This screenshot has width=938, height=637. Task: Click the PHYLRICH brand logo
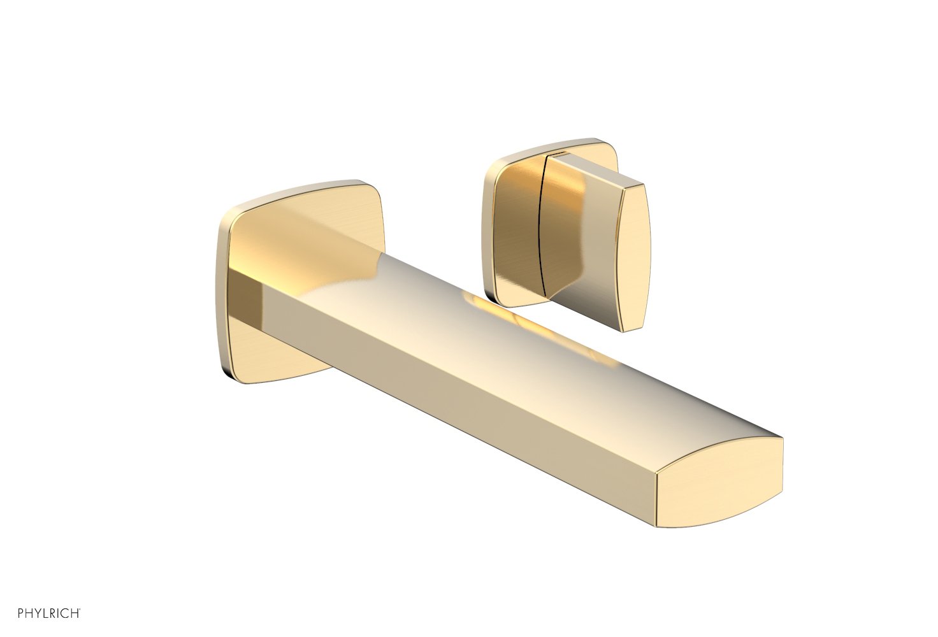40,613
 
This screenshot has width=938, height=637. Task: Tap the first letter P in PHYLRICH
4,613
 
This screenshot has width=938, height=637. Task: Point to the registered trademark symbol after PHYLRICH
80,610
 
